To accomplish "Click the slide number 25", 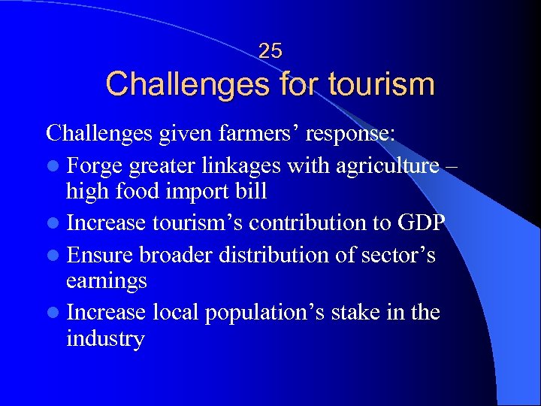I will tap(270, 51).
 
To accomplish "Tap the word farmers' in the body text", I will tap(258, 133).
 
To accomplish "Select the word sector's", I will tap(399, 255).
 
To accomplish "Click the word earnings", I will tap(106, 282).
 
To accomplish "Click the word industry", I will tap(105, 339).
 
